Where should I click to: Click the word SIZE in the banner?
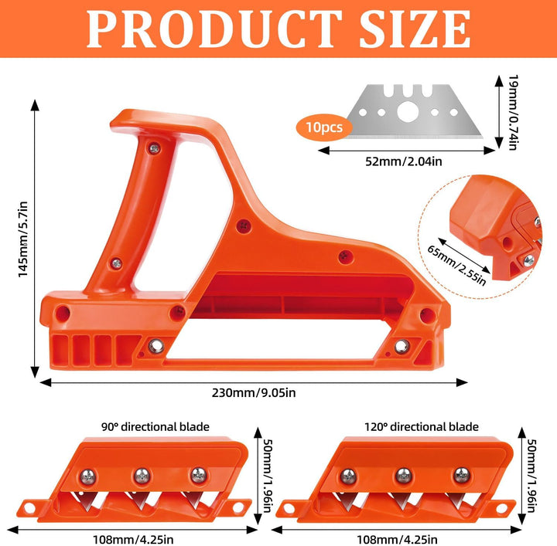(415, 29)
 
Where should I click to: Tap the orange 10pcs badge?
(324, 127)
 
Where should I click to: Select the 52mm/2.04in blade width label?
(404, 161)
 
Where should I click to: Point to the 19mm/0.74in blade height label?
(514, 112)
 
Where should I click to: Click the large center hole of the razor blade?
(408, 112)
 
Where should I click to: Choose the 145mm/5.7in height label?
(23, 239)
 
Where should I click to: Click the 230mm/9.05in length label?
(254, 393)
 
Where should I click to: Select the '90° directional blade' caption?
(155, 426)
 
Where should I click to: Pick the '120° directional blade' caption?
(422, 426)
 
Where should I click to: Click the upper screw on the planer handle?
(154, 148)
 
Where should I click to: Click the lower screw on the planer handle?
(116, 263)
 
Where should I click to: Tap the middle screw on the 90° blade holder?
(142, 476)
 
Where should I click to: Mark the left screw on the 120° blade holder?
(348, 476)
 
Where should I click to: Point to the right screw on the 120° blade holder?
(461, 475)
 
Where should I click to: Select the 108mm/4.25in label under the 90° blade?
(133, 540)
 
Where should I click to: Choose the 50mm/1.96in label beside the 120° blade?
(531, 476)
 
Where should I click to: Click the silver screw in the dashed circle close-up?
(528, 261)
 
